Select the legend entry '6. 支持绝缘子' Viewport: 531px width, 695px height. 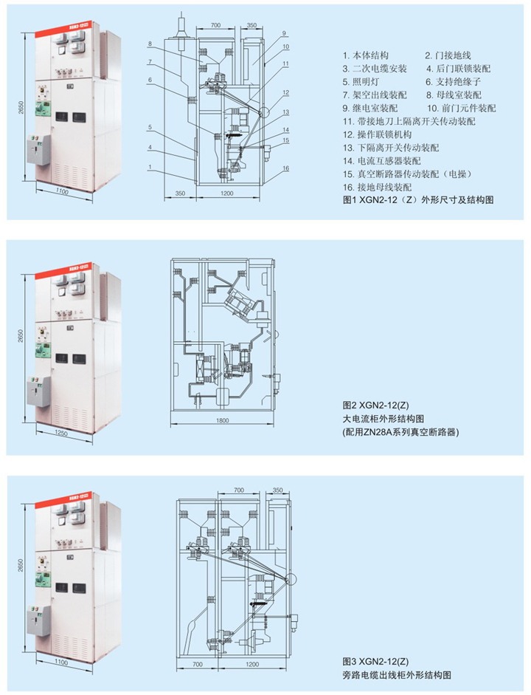point(451,82)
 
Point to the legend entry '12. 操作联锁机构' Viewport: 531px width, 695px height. point(378,134)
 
